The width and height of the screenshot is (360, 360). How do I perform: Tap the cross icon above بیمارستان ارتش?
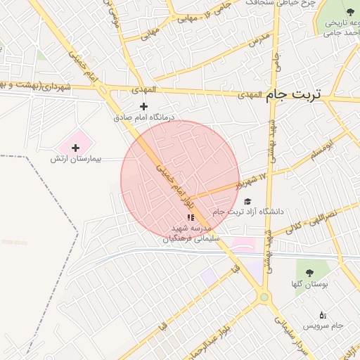tap(76, 147)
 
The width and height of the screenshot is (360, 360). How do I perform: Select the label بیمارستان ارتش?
tap(76, 160)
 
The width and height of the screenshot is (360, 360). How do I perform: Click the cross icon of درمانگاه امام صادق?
tap(144, 106)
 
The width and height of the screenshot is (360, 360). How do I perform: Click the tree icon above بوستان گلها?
tap(307, 271)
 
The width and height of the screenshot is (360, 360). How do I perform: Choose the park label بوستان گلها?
tap(307, 283)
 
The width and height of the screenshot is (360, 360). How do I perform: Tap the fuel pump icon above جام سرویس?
tap(323, 314)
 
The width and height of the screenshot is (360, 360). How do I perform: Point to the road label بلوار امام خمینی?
tap(173, 184)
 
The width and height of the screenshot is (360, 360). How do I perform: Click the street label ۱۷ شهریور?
tap(252, 182)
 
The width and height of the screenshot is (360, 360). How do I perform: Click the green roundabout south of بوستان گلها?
tap(264, 297)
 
